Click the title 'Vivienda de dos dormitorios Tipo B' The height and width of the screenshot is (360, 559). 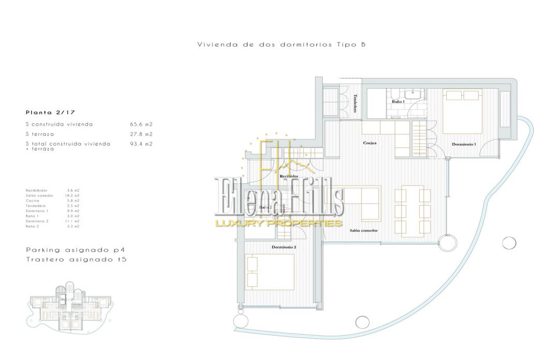point(282,45)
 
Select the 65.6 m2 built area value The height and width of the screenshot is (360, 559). point(141,124)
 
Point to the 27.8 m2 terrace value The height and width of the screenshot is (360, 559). point(141,134)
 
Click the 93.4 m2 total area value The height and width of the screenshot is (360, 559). point(141,143)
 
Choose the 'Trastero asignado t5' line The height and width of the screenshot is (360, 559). point(76,258)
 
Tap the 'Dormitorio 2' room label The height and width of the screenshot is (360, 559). point(284,247)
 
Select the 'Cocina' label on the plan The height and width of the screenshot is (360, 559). point(370,143)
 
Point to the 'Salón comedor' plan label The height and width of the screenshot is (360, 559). point(363,231)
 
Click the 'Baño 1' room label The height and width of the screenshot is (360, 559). point(397,102)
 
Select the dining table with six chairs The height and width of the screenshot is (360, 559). point(413,209)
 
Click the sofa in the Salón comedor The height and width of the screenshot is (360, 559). point(362,205)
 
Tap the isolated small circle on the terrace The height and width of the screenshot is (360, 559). point(509,241)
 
